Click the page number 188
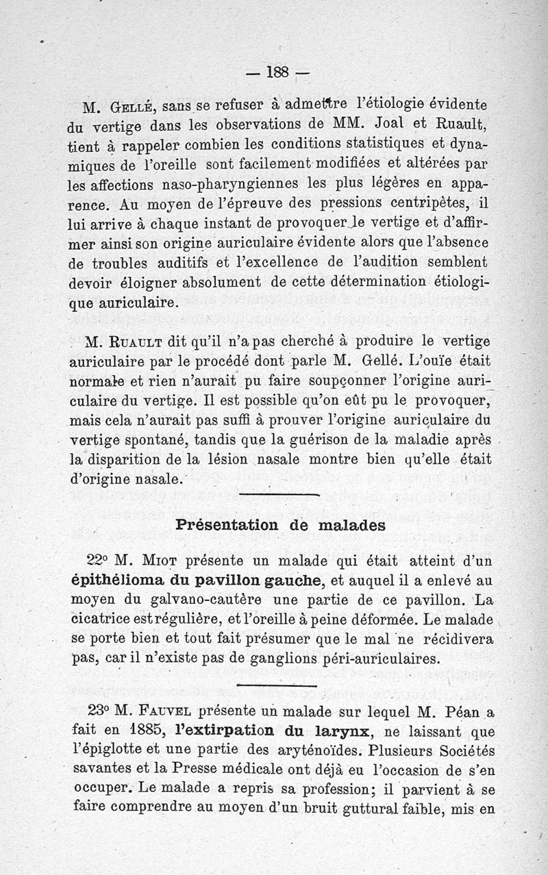(x=278, y=71)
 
